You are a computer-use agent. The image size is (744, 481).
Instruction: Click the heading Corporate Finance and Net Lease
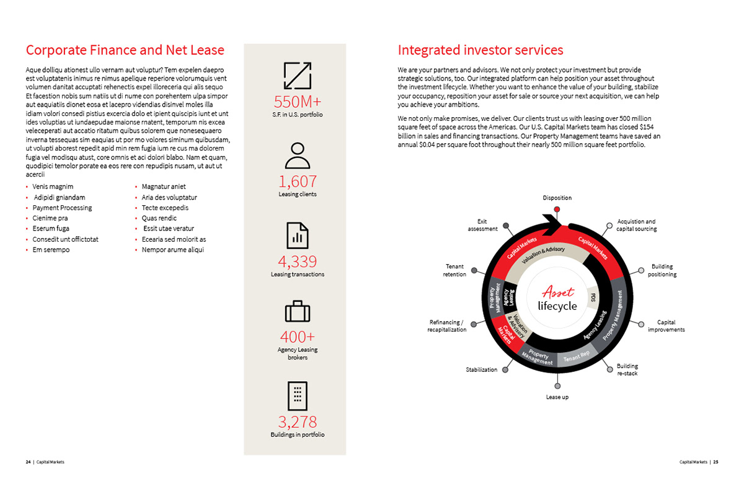[x=125, y=50]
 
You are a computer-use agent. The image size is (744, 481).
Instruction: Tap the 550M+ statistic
[x=297, y=102]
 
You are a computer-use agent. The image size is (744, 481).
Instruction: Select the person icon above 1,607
[x=297, y=156]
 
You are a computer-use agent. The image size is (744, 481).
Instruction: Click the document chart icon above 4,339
[x=297, y=236]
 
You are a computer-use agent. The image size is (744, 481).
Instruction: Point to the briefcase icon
[x=297, y=311]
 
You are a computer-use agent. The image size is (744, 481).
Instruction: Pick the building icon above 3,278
[x=297, y=395]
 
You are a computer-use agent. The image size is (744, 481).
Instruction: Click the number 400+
[x=297, y=337]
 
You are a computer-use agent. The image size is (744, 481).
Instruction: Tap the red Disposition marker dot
[x=557, y=210]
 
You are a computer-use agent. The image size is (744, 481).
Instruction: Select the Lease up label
[x=557, y=397]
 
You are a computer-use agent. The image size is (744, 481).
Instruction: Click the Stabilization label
[x=481, y=370]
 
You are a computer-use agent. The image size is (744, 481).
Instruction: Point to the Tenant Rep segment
[x=576, y=357]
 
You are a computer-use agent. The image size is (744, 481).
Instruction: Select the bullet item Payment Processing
[x=62, y=208]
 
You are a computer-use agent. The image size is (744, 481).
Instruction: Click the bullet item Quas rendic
[x=159, y=218]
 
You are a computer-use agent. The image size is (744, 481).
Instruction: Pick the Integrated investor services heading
[x=480, y=50]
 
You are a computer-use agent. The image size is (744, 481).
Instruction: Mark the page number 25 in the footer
[x=715, y=462]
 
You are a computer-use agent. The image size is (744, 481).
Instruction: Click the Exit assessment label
[x=482, y=225]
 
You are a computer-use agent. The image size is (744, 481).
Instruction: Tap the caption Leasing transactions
[x=297, y=274]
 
